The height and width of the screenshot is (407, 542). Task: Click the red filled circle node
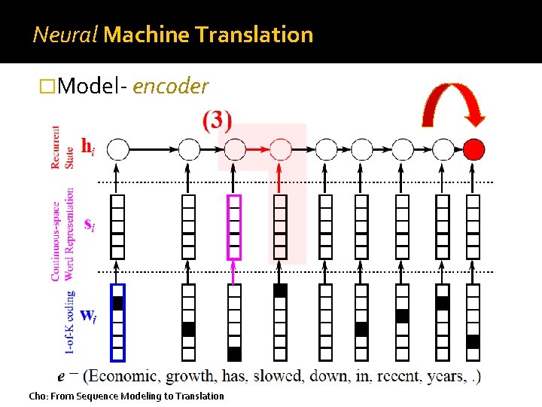473,149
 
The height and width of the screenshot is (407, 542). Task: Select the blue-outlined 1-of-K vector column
117,322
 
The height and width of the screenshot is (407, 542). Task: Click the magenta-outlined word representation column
235,227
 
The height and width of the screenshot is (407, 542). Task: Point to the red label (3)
217,121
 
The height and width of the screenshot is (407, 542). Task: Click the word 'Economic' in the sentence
123,375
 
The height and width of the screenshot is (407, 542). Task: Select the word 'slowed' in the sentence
277,375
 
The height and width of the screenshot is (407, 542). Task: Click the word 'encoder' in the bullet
170,87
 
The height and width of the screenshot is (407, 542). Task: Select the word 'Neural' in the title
65,35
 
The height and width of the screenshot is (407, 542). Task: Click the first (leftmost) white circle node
118,149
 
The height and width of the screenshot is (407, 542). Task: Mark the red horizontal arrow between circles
257,149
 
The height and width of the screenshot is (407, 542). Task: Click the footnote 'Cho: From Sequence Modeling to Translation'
126,396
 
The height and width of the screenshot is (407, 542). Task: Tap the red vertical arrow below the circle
280,177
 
